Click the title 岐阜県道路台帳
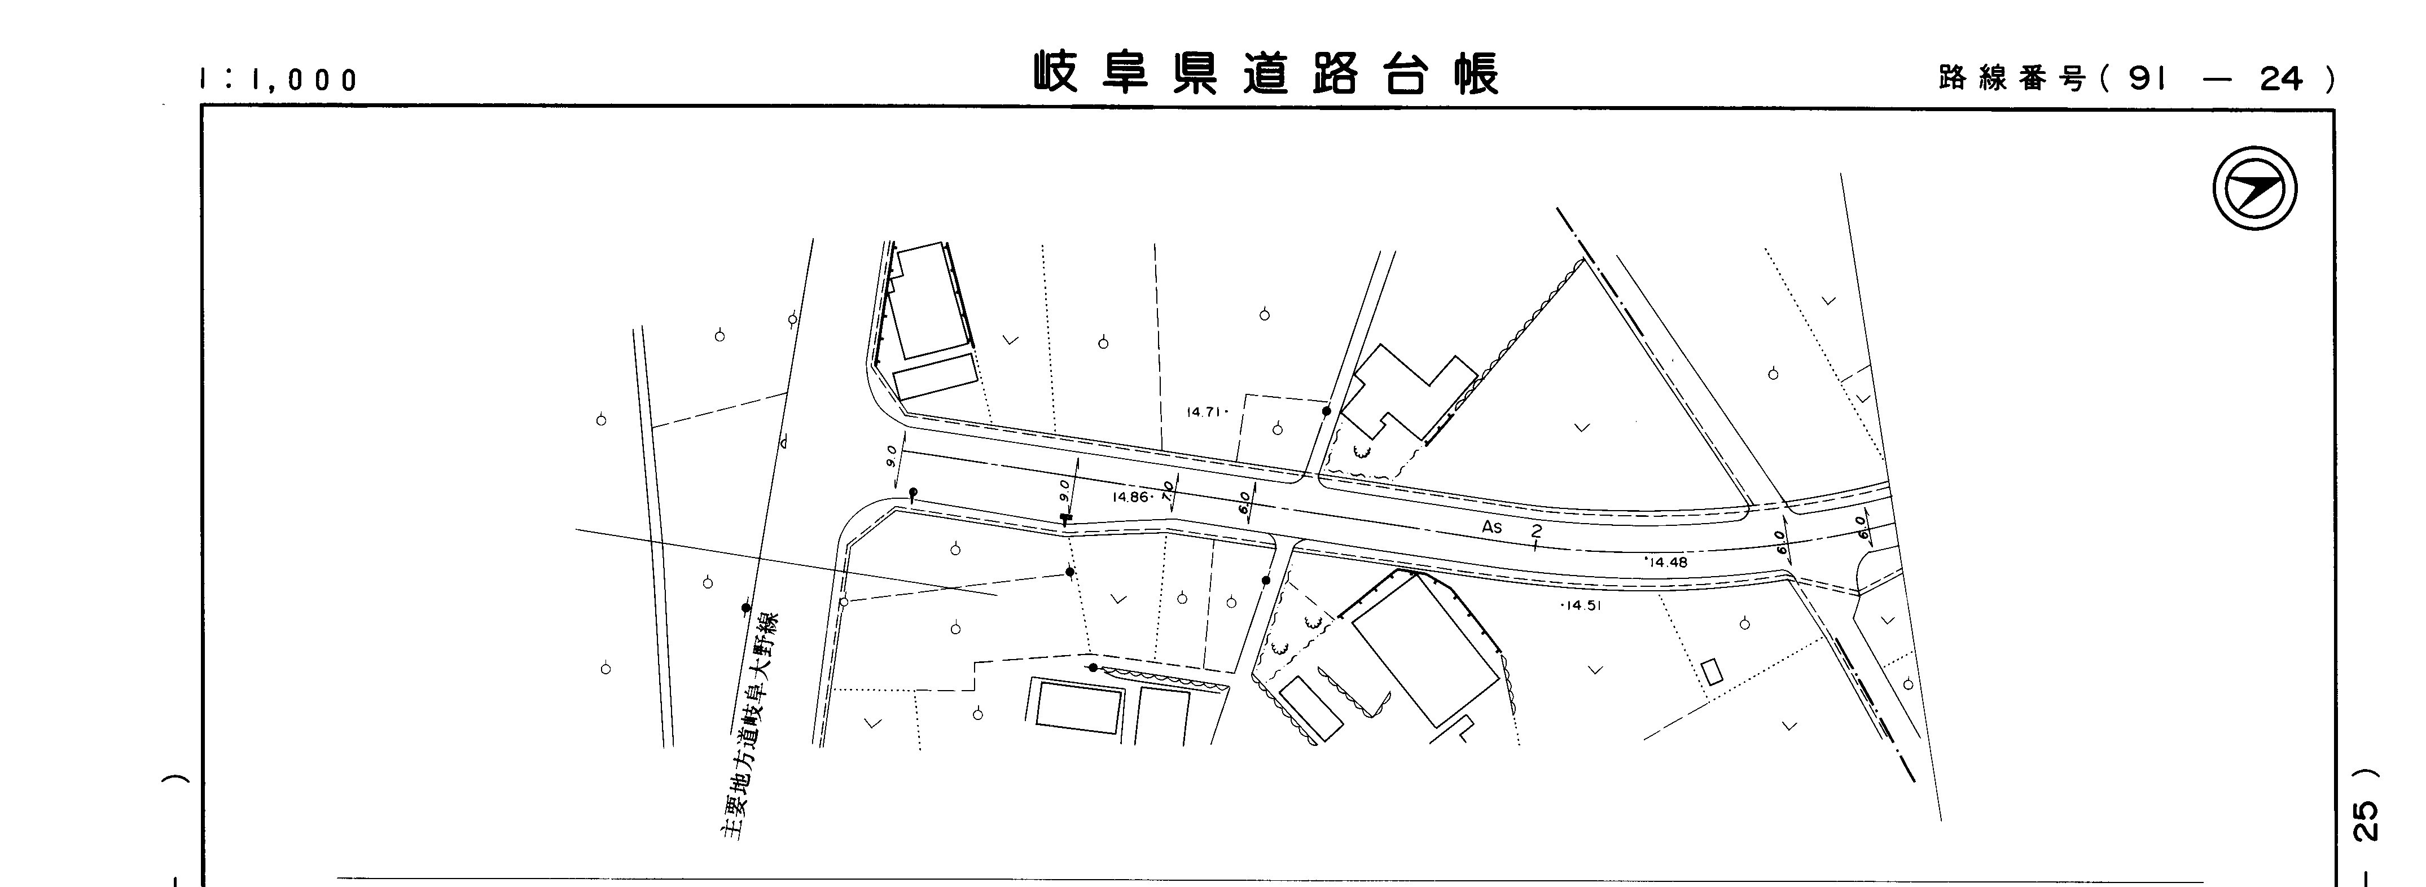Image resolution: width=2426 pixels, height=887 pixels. click(x=1266, y=73)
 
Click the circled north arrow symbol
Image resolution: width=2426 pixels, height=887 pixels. click(x=2254, y=189)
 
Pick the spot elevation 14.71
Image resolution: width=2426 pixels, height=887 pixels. click(x=1204, y=411)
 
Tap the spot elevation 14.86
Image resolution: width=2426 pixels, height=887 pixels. click(x=1130, y=496)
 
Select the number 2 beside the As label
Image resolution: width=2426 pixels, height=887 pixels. click(x=1536, y=532)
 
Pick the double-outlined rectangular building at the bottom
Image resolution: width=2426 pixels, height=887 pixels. click(x=1080, y=704)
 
